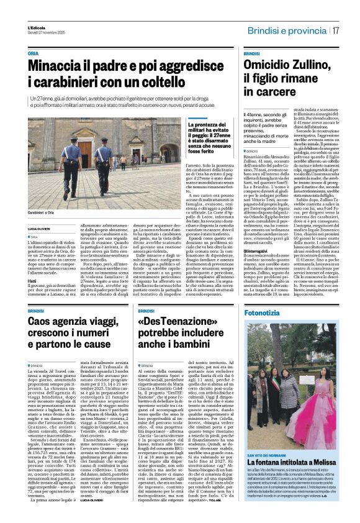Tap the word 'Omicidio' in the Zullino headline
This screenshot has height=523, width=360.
(268, 65)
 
